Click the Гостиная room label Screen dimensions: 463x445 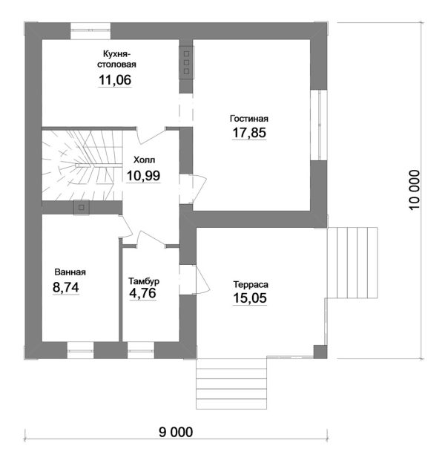tap(248, 119)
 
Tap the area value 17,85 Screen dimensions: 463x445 tap(248, 134)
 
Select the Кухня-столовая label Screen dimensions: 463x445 tap(116, 59)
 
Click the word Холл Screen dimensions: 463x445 tap(145, 160)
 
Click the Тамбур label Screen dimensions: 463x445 tap(143, 281)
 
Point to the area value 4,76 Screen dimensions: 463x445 tap(143, 294)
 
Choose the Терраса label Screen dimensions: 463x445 tap(250, 284)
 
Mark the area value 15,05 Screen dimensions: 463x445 tap(250, 299)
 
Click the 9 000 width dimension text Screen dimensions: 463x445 tap(175, 433)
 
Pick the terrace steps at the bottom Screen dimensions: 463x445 tap(232, 384)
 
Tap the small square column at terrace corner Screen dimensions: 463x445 tap(319, 352)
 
